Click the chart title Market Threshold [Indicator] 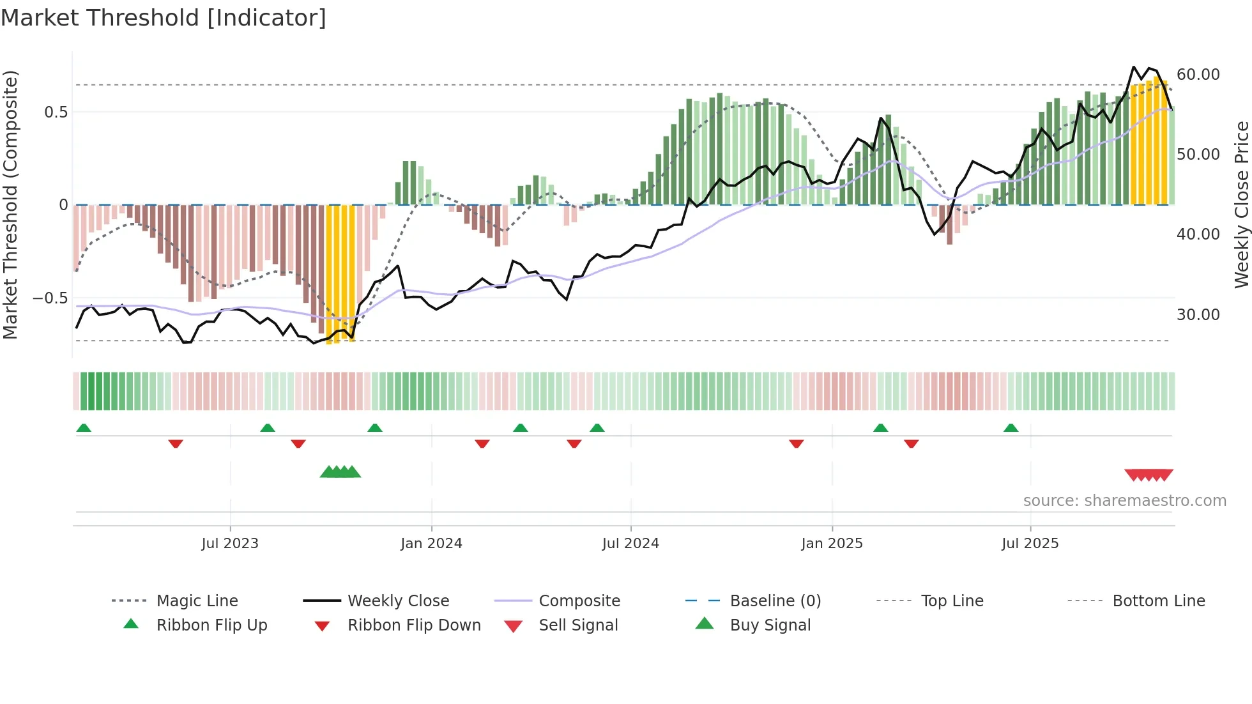pyautogui.click(x=164, y=18)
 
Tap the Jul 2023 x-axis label pyautogui.click(x=230, y=544)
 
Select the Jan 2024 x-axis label pyautogui.click(x=431, y=544)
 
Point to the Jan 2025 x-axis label pyautogui.click(x=832, y=544)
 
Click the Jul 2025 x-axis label pyautogui.click(x=1030, y=544)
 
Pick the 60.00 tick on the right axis pyautogui.click(x=1198, y=75)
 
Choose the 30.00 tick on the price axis pyautogui.click(x=1198, y=315)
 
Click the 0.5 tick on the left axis pyautogui.click(x=56, y=112)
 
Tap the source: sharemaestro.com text pyautogui.click(x=1124, y=501)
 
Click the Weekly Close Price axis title pyautogui.click(x=1241, y=204)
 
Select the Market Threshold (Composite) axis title pyautogui.click(x=10, y=204)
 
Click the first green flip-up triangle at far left pyautogui.click(x=84, y=428)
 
